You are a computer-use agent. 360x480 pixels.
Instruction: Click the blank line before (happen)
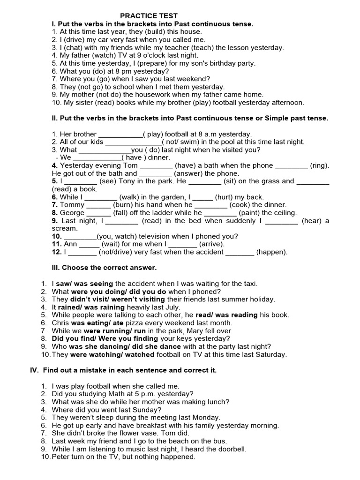[x=240, y=252]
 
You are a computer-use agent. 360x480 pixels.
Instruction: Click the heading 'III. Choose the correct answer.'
[x=104, y=268]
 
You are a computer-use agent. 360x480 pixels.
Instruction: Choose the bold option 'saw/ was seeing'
[x=84, y=284]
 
